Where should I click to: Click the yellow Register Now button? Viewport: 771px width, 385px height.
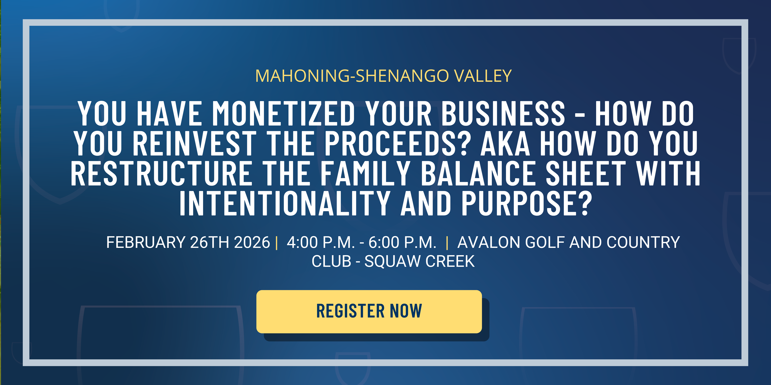coord(369,311)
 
